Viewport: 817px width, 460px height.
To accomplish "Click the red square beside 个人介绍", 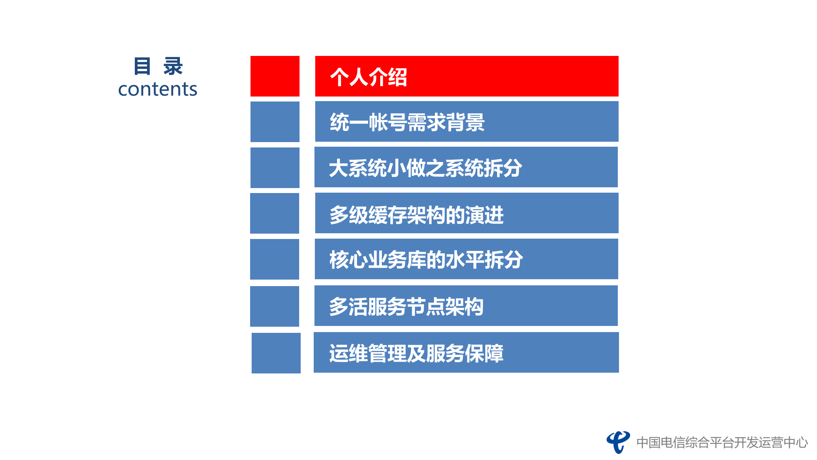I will click(x=275, y=76).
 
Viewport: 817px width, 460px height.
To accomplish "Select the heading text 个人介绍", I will click(x=368, y=77).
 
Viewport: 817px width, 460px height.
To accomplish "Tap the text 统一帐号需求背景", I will click(x=407, y=122).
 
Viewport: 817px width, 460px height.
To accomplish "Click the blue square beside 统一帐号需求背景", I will click(x=275, y=122).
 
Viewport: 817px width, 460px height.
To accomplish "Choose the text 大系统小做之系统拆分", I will click(x=425, y=168).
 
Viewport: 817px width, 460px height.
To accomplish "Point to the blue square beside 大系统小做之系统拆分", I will click(x=275, y=168).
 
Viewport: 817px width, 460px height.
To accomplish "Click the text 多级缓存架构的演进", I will click(x=416, y=214).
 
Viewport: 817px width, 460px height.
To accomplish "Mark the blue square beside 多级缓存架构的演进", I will click(x=274, y=213).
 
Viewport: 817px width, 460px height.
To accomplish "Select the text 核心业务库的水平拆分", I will click(x=426, y=260).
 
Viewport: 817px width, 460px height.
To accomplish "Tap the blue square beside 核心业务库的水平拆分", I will click(x=274, y=259).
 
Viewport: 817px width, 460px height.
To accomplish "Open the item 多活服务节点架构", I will click(x=406, y=306).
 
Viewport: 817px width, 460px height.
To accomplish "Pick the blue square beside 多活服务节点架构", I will click(x=274, y=306).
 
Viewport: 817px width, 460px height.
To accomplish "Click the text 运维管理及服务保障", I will click(x=416, y=353).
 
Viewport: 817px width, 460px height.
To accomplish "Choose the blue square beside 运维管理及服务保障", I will click(x=276, y=353).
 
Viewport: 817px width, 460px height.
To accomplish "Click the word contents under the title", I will click(x=157, y=89).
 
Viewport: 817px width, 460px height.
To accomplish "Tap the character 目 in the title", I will click(x=142, y=66).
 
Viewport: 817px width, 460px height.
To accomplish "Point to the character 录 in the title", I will click(x=173, y=66).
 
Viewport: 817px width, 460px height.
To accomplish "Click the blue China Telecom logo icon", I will click(x=618, y=442).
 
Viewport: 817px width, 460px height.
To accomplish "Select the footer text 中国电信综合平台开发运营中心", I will click(x=722, y=443).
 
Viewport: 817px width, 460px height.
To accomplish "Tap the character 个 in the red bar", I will click(x=339, y=77).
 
